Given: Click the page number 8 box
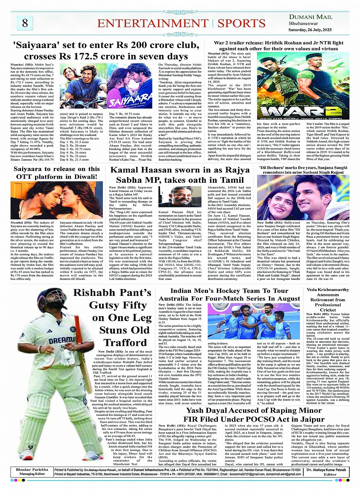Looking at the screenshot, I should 25,23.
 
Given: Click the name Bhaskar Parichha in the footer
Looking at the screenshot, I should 27,470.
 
